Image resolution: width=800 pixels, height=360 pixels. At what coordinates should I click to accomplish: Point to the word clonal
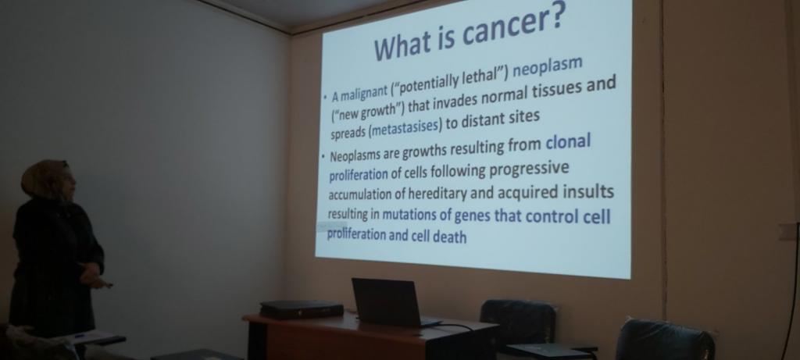tap(569, 142)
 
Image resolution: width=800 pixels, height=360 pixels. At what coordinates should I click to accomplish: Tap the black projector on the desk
tap(302, 309)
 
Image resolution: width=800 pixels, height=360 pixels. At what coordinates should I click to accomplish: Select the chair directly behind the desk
tap(518, 320)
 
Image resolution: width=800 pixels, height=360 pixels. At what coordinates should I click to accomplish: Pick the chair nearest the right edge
tap(664, 340)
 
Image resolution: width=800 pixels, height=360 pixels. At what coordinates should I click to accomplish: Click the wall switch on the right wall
tap(788, 231)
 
